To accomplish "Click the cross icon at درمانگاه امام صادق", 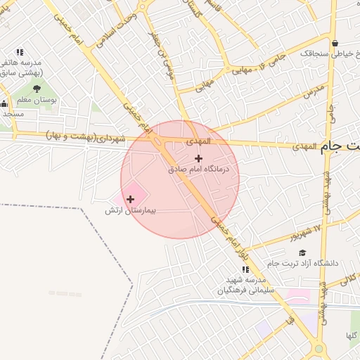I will coord(198,158).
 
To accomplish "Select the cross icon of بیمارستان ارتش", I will coord(130,200).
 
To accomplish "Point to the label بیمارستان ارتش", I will coord(129,210).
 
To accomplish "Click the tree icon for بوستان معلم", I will coord(36,89).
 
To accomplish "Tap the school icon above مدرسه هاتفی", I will coord(20,52).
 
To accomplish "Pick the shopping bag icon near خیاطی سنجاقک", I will coord(335,42).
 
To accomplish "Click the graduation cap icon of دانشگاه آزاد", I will coord(302,252).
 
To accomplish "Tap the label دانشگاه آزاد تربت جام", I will coord(302,263).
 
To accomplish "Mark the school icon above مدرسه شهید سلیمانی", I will coord(245,269).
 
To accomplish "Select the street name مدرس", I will coord(315,91).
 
